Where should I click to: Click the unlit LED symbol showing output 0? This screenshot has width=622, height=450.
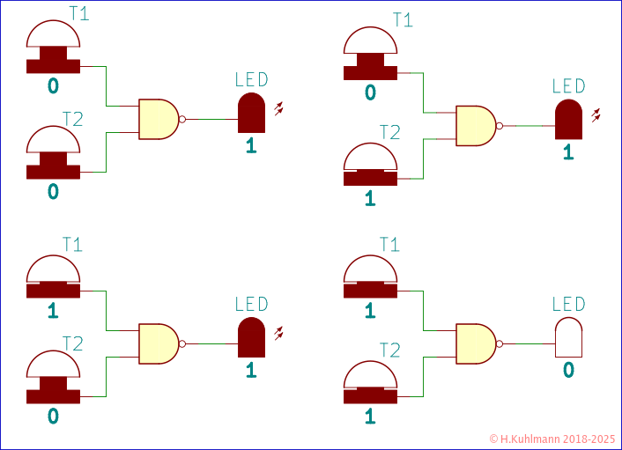[x=568, y=337]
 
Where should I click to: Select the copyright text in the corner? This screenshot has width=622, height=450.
[x=552, y=438]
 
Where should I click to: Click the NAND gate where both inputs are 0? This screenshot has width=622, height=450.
[x=159, y=119]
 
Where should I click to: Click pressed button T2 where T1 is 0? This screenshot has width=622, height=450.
[x=370, y=166]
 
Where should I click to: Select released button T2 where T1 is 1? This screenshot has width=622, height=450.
[x=53, y=380]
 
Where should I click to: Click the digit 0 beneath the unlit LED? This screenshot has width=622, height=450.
[x=568, y=370]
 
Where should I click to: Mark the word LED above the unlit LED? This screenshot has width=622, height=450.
[x=568, y=305]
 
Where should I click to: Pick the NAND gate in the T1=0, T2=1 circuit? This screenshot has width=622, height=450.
[x=476, y=126]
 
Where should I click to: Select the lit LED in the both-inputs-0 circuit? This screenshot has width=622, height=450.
[x=251, y=111]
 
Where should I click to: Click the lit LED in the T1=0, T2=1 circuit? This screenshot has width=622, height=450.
[x=568, y=119]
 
